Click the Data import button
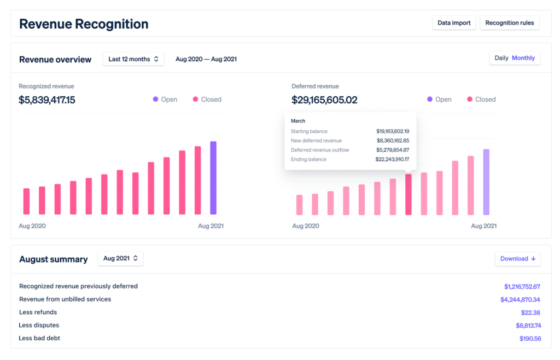tap(454, 23)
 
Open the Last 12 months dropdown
tap(133, 59)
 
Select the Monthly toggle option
tap(523, 58)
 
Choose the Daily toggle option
tap(501, 58)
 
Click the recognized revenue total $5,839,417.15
tap(47, 100)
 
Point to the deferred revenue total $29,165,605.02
tap(324, 100)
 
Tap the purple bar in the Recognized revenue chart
tap(213, 178)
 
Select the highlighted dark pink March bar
tap(408, 194)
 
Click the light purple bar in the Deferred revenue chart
tap(486, 182)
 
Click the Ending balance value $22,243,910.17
tap(393, 160)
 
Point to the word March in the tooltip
tap(298, 121)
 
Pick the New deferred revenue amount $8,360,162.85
tap(393, 141)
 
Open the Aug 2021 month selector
tap(120, 259)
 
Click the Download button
tap(517, 259)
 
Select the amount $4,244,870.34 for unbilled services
tap(520, 300)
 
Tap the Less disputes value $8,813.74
tap(528, 326)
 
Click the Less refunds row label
tap(38, 312)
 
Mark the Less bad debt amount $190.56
tap(530, 339)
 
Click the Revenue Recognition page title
tap(84, 24)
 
